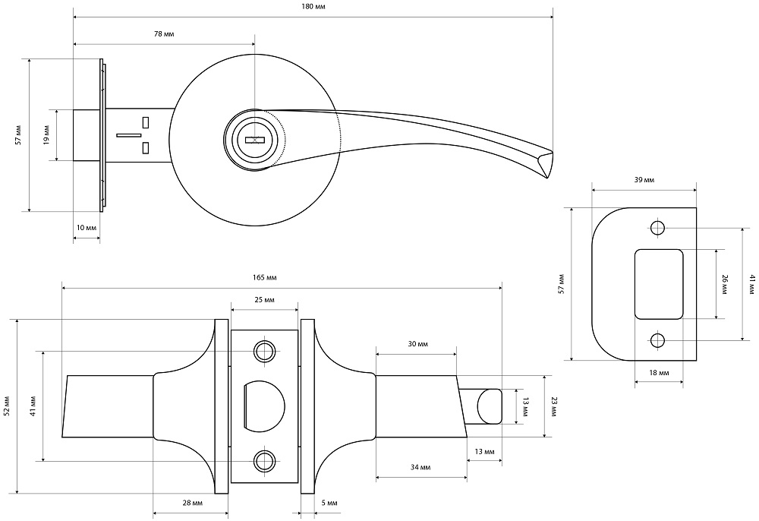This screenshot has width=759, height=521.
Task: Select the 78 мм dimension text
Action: (164, 34)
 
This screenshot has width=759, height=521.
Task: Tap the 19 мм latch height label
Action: (46, 135)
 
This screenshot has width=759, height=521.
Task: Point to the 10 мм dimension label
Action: (87, 228)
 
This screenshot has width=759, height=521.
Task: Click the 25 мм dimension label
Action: (264, 300)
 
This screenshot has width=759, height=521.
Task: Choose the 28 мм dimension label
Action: (193, 503)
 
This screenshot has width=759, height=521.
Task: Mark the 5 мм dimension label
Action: (329, 503)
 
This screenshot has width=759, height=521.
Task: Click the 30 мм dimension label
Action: (417, 344)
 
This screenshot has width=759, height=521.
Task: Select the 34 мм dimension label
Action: (420, 467)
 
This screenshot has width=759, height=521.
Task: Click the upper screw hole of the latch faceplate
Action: (265, 351)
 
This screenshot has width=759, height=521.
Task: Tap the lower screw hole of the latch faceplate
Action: (265, 461)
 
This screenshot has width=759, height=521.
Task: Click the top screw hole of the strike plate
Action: (657, 228)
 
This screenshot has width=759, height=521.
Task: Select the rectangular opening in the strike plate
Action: (658, 284)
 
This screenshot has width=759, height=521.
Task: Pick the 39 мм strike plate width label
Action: (644, 180)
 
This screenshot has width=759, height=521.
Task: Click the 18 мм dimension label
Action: (659, 373)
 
